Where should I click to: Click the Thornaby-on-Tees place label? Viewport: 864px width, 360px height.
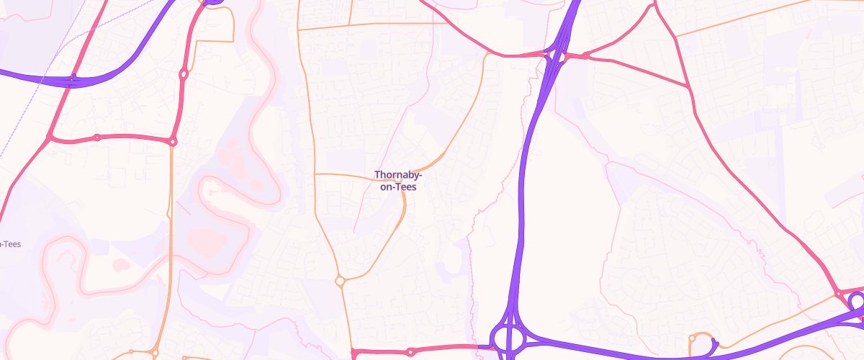click(x=398, y=180)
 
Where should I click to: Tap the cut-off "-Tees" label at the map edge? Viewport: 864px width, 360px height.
click(x=10, y=244)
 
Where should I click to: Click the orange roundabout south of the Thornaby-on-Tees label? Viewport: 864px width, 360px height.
click(x=340, y=282)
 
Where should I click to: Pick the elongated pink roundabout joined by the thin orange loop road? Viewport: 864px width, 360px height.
click(x=184, y=73)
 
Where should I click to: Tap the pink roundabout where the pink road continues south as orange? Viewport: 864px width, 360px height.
click(x=173, y=142)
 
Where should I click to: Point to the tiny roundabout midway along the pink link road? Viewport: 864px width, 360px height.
click(x=96, y=137)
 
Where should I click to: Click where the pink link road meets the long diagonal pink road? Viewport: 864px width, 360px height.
click(x=49, y=138)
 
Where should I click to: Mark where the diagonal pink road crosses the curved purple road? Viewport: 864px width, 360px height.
click(x=70, y=78)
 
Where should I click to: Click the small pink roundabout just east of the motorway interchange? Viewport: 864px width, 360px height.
click(x=586, y=55)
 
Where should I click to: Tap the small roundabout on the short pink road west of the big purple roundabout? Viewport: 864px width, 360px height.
click(x=410, y=352)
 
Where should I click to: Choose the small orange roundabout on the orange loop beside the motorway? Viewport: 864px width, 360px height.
click(x=692, y=337)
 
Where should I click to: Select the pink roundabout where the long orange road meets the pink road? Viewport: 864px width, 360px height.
click(x=839, y=294)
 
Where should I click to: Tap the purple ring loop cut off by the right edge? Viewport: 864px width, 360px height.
click(x=858, y=305)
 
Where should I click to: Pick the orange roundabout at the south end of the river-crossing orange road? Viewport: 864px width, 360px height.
click(x=154, y=353)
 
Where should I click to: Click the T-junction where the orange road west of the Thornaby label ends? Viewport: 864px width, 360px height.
click(x=315, y=174)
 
